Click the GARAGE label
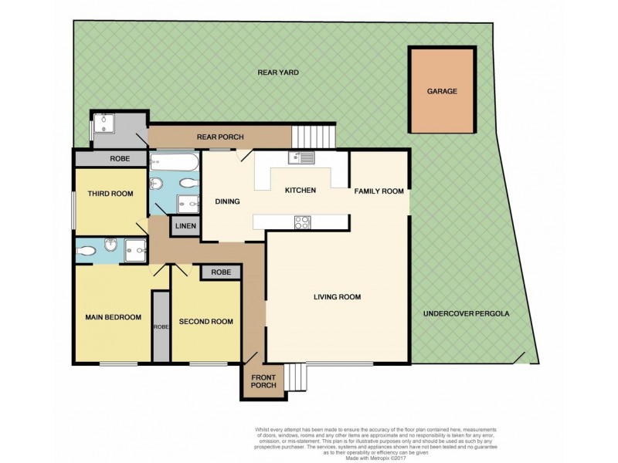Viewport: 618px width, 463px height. (442, 91)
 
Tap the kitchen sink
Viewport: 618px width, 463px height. (300, 158)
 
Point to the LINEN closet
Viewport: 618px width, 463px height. (185, 226)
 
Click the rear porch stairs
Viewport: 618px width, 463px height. (314, 137)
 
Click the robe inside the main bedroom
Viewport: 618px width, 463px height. (160, 326)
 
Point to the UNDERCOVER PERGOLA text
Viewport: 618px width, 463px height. (466, 314)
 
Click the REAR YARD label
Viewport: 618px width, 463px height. (278, 72)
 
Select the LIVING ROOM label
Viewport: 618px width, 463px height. (337, 296)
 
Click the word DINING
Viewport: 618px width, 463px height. (227, 201)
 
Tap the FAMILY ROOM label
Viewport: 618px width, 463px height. (379, 191)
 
